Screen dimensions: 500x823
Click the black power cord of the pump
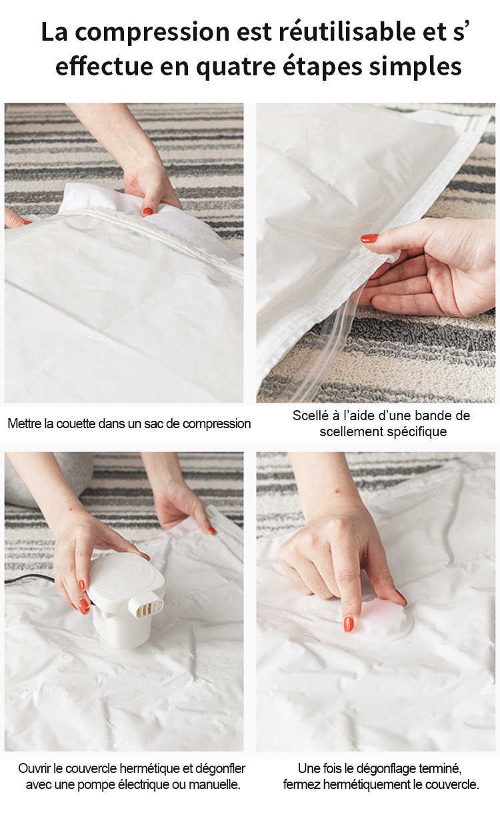(30, 580)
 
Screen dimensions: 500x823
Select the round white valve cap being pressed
(382, 621)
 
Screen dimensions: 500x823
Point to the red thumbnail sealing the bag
(369, 238)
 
